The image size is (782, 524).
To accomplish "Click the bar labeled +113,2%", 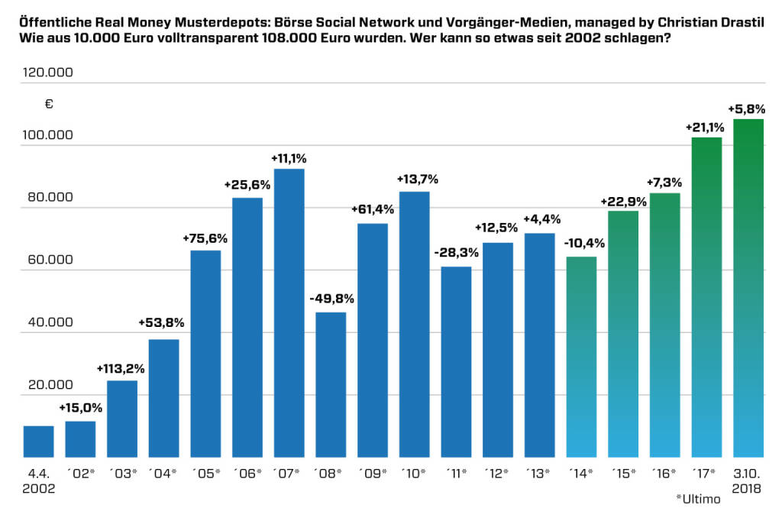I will coord(121,419).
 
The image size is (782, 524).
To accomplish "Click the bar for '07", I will coord(289,312).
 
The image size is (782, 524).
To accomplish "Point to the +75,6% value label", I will coord(205,238).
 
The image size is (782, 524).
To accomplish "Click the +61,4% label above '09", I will coord(372,209).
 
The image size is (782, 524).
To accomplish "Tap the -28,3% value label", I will coord(456,253).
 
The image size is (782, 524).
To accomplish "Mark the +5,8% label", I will coord(747,108).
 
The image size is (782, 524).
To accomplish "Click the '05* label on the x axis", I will coord(205,474).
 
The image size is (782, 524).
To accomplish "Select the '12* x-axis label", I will coord(497,474).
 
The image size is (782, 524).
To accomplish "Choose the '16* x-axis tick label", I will coord(664,474).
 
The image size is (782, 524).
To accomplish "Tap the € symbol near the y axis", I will coord(49,105).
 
